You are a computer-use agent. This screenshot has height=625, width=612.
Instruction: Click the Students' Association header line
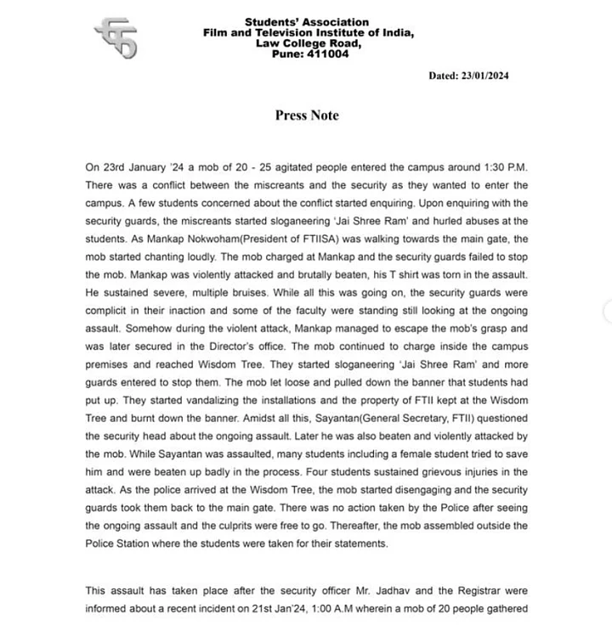point(306,22)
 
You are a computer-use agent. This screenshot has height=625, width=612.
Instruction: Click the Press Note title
point(306,115)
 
